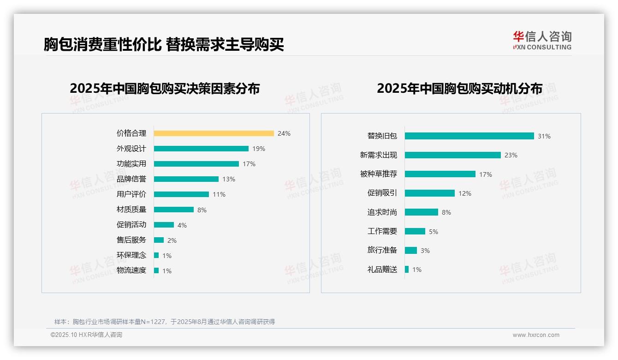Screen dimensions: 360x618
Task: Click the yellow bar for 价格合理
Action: coord(214,133)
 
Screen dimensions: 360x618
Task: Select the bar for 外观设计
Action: coord(201,149)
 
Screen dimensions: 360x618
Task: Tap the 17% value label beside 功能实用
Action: coord(249,164)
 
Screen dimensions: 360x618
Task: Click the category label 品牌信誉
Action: coord(131,179)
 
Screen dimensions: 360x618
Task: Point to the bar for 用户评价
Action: coord(181,194)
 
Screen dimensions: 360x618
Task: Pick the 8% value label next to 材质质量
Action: coord(202,210)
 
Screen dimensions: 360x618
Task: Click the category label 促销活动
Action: coord(131,225)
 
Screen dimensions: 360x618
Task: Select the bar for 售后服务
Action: coord(159,240)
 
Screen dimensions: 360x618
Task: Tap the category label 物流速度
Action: coord(131,270)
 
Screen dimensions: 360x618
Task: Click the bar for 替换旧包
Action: coord(469,136)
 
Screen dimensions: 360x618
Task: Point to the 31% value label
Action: coord(544,136)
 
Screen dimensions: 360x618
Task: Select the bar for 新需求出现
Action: coord(453,155)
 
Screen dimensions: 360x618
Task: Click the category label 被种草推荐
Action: coord(379,174)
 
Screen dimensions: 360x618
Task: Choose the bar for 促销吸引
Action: coord(430,193)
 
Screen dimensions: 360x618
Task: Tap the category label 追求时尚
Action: coord(382,212)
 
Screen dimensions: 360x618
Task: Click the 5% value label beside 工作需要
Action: coord(434,232)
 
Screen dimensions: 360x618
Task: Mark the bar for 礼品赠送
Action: coord(407,270)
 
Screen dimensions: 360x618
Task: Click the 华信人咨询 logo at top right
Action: coord(542,40)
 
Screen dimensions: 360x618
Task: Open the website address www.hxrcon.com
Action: coord(536,335)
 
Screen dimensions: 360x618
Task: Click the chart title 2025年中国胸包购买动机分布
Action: coord(459,89)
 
